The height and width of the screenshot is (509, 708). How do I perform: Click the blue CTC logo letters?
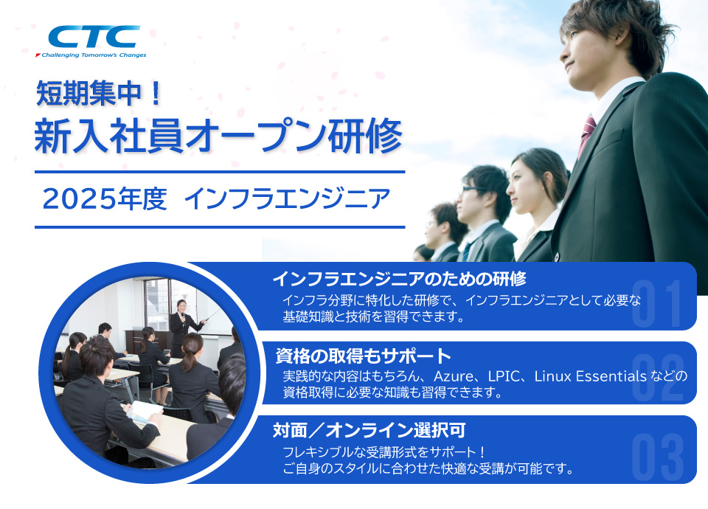[x=94, y=37]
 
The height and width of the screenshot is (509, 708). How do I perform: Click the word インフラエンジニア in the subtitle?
[x=287, y=199]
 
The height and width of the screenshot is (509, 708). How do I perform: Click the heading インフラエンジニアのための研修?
[x=399, y=279]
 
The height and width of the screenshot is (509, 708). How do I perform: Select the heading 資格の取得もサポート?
[x=364, y=356]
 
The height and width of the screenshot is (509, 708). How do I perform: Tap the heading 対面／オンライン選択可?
[x=369, y=430]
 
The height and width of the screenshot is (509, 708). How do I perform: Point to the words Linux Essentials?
[x=591, y=376]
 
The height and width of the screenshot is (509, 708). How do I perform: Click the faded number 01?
[x=657, y=303]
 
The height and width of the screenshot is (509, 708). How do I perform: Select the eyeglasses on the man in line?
[x=471, y=190]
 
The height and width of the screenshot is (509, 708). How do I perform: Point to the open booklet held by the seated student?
[x=145, y=412]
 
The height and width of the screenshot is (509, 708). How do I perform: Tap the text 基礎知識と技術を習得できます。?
[x=374, y=316]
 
